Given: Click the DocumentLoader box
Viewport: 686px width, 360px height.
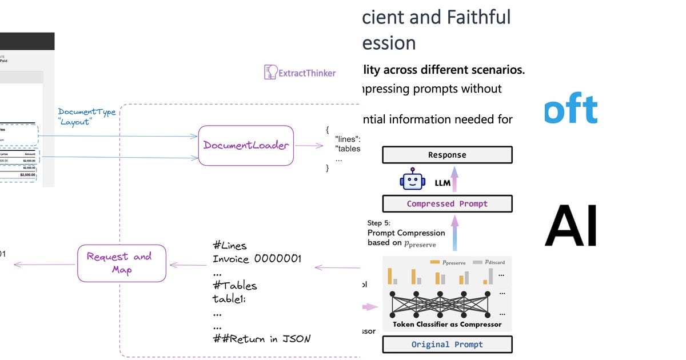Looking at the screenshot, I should (246, 145).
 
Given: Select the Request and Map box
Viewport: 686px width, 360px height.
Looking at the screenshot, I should (122, 263).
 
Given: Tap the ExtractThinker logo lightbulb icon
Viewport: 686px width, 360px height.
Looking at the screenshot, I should (270, 72).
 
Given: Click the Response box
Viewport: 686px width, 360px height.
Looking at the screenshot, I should (447, 155).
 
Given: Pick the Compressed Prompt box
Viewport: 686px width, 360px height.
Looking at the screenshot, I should (447, 203).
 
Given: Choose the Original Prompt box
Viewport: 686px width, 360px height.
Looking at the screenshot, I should (447, 345).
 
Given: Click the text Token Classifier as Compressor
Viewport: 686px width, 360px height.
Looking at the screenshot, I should (447, 325).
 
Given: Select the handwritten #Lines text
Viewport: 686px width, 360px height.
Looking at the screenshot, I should (229, 246).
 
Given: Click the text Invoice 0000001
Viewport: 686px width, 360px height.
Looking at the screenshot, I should (257, 259).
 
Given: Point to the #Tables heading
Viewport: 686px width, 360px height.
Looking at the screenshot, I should (234, 285).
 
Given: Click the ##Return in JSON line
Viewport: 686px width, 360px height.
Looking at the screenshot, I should (261, 339).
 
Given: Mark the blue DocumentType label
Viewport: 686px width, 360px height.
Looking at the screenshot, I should (86, 111).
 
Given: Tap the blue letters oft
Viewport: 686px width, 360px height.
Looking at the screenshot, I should (570, 109).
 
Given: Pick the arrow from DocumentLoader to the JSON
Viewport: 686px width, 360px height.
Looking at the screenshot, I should (309, 145).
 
